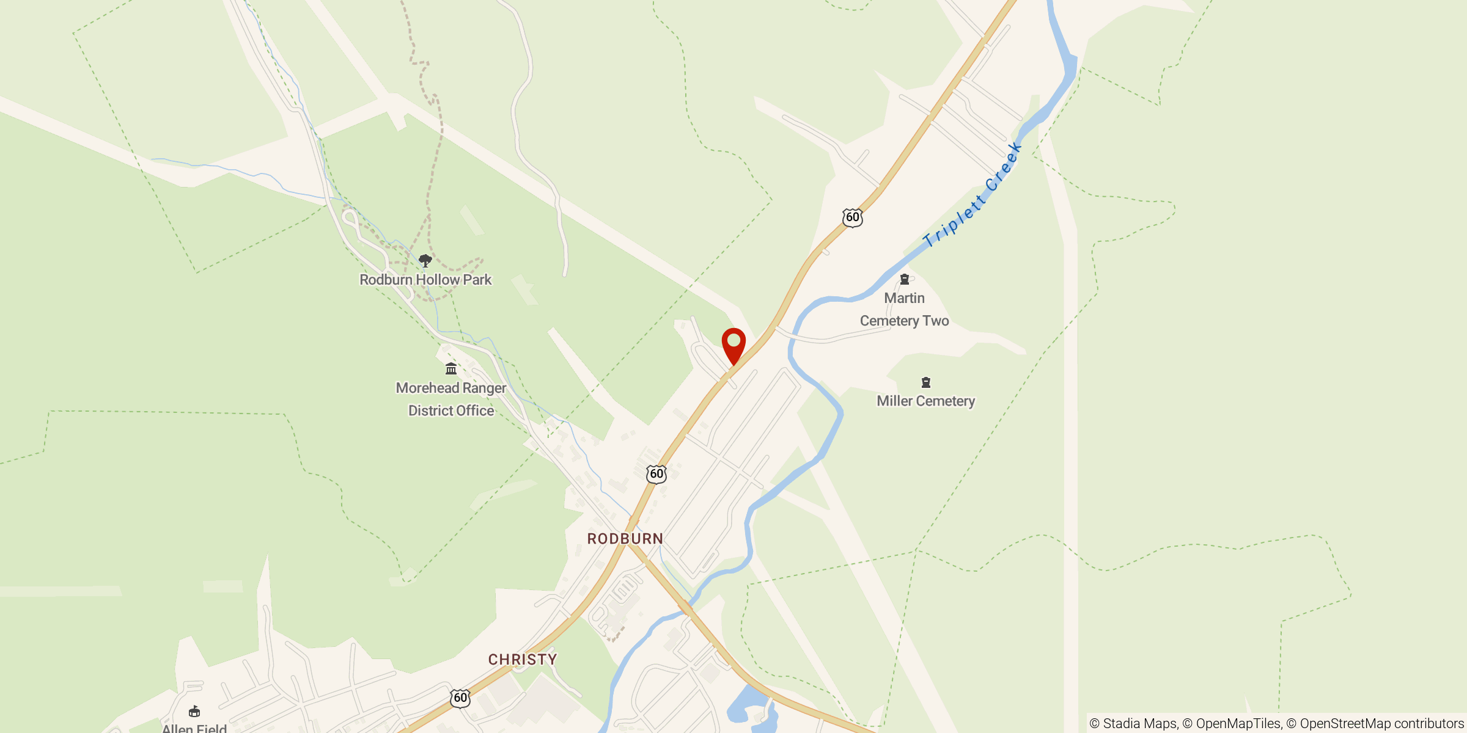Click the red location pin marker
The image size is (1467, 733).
733,343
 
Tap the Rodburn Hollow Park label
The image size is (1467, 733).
425,280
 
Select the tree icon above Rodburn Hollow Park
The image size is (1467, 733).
425,261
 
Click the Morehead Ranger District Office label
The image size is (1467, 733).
451,399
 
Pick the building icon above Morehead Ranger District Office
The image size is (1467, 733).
451,368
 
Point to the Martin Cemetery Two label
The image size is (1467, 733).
904,310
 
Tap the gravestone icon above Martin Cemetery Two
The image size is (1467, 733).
905,279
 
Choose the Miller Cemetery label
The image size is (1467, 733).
925,401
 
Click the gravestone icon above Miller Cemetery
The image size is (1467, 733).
926,382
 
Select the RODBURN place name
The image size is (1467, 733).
625,539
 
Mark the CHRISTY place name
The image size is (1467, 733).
523,660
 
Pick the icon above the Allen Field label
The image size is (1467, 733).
194,711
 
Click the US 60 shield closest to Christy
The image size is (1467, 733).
460,698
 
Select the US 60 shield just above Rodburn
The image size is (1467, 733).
656,473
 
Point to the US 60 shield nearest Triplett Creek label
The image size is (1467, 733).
853,217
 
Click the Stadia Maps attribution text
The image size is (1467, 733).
1134,724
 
